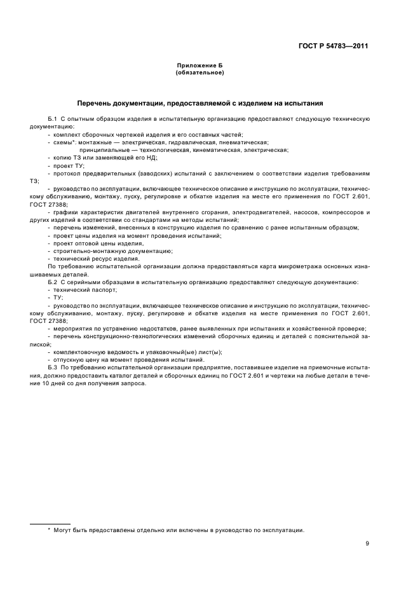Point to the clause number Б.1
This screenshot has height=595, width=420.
pyautogui.click(x=53, y=120)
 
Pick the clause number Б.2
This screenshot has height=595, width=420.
pyautogui.click(x=53, y=282)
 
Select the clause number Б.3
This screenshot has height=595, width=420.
pyautogui.click(x=53, y=369)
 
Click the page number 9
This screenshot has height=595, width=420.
pyautogui.click(x=368, y=544)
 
